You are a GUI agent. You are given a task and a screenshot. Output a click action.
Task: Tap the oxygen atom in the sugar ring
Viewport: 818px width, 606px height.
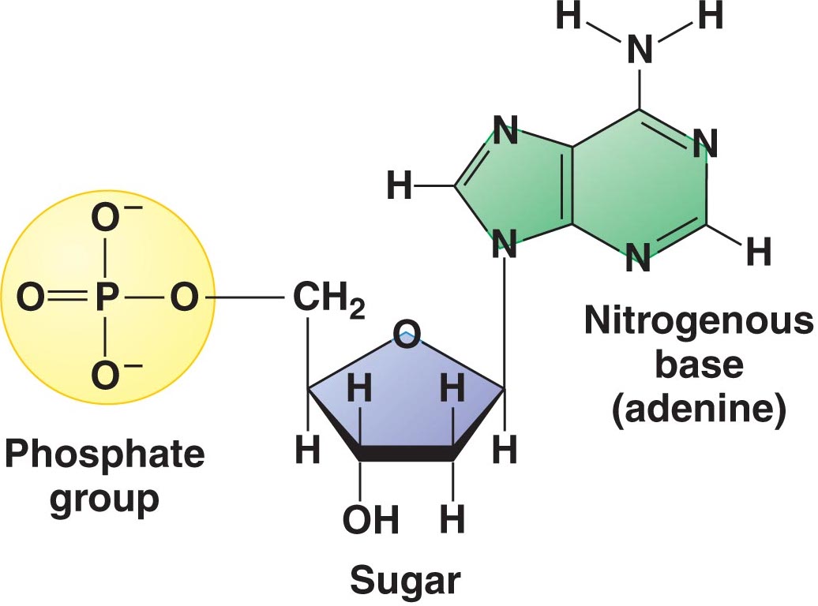coord(406,338)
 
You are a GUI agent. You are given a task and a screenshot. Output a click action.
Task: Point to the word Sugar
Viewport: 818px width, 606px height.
coord(405,580)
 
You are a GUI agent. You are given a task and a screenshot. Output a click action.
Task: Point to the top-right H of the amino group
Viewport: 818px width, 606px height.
coord(711,16)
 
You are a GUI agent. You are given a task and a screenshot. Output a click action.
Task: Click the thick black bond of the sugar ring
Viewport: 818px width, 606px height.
coord(406,454)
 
